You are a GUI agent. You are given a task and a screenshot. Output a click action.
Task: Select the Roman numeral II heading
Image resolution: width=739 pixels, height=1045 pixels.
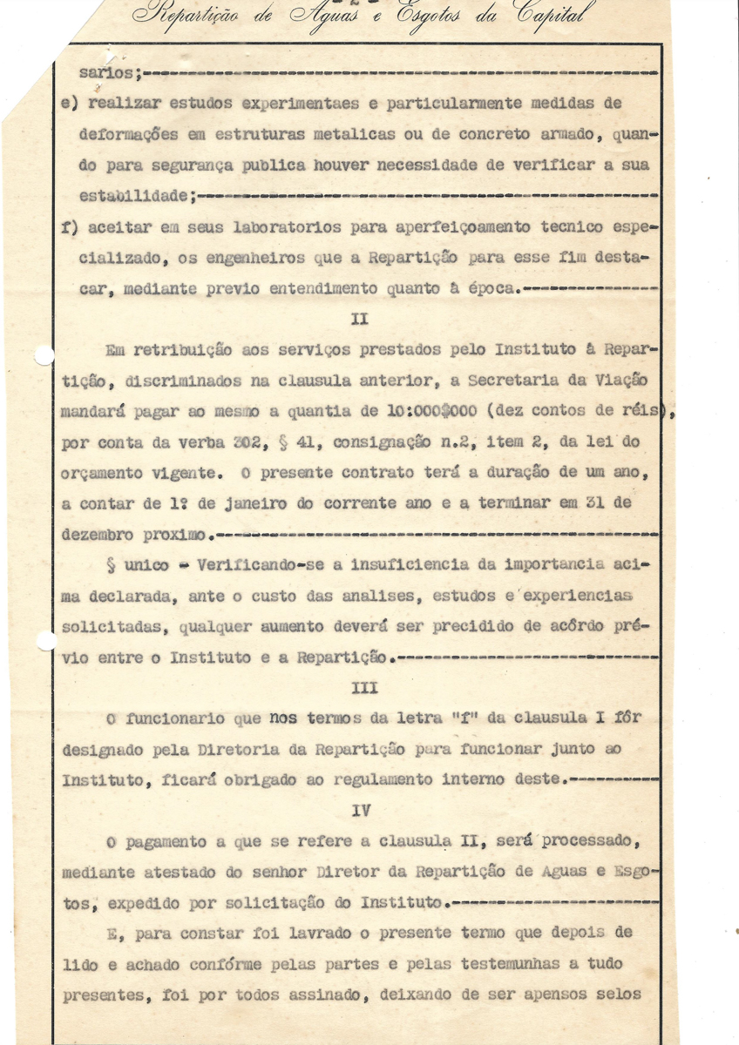(359, 319)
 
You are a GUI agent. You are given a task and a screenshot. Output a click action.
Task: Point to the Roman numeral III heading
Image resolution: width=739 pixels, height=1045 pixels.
(363, 687)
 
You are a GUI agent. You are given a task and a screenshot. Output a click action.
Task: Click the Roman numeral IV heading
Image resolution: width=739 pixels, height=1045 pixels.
(362, 810)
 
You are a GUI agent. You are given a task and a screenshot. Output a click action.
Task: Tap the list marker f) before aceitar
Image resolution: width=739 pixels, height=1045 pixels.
(71, 227)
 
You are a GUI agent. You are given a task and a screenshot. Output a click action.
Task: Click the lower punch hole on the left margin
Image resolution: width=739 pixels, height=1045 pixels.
(45, 641)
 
